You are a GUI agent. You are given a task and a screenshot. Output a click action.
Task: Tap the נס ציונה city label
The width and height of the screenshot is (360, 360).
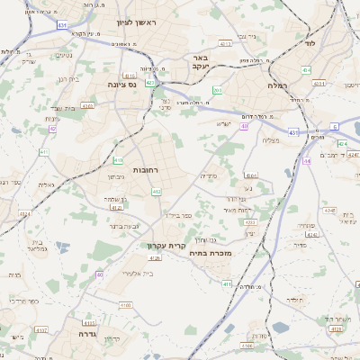pos(121,85)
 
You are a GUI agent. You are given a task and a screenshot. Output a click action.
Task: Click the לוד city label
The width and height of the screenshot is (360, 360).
pos(310,42)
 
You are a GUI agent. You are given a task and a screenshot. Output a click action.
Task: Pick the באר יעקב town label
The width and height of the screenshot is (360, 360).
pos(200,61)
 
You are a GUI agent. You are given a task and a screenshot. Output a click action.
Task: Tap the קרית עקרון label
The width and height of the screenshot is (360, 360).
pos(167,244)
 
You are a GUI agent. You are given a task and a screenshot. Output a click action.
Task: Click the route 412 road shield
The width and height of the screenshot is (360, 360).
pos(157,191)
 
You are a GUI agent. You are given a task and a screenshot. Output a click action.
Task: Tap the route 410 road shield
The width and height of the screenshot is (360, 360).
pos(118,160)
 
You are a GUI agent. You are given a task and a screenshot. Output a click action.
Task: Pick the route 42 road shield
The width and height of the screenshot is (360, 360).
pos(53,129)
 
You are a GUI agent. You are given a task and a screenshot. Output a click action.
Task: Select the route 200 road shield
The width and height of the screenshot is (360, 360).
pos(217,90)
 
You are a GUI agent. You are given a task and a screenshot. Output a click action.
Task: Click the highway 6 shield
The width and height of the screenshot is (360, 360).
pos(334,126)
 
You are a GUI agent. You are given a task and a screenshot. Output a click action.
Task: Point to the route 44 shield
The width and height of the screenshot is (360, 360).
pos(307,161)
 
